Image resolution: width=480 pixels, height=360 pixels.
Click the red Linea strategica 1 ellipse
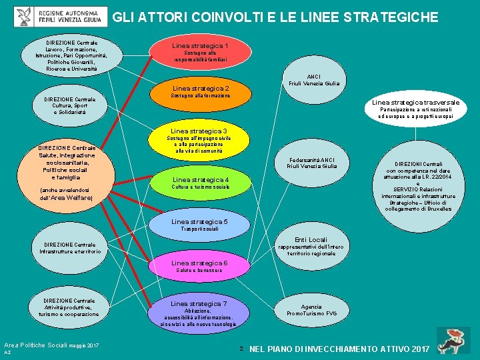point(200,52)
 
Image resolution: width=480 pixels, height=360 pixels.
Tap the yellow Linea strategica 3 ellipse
point(200,141)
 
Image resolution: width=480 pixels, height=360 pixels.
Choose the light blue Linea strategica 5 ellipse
point(200,225)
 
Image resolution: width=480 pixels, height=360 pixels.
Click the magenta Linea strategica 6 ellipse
point(200,267)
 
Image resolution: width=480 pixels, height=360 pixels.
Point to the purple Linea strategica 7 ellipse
point(200,313)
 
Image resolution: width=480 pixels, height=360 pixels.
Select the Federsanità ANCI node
point(311,163)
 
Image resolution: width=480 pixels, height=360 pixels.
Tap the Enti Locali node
point(311,246)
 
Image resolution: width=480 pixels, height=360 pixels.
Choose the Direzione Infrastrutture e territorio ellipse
point(69,248)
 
